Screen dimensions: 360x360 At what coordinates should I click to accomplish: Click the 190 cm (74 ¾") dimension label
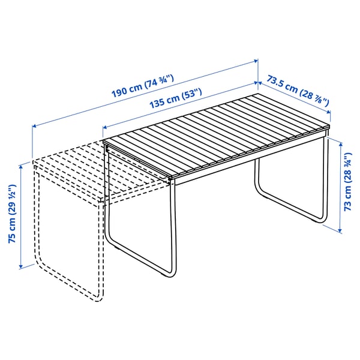pyautogui.click(x=142, y=84)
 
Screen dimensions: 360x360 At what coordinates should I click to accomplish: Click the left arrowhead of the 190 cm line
pyautogui.click(x=34, y=126)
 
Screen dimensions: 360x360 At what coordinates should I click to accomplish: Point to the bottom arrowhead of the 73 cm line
pyautogui.click(x=340, y=231)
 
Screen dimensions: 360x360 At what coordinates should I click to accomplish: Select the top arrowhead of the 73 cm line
pyautogui.click(x=340, y=143)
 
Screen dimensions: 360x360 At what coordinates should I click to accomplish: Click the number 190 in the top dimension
pyautogui.click(x=120, y=90)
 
